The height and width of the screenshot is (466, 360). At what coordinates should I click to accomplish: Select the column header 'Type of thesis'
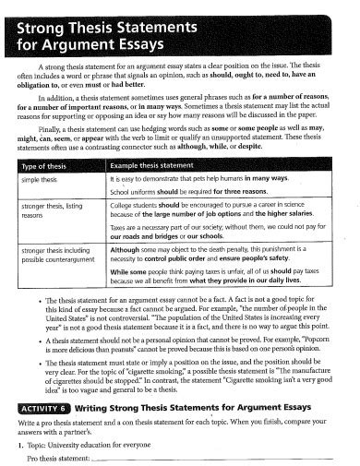pos(45,164)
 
